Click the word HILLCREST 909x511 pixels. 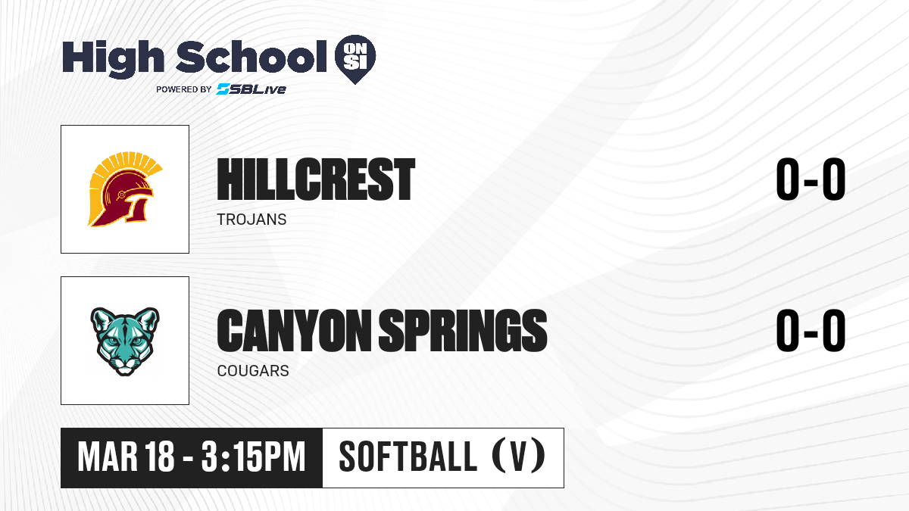coord(316,179)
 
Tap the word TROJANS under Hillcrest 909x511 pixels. coord(251,220)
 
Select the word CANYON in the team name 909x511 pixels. coord(294,330)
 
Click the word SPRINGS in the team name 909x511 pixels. coord(463,330)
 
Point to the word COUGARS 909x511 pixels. coord(253,371)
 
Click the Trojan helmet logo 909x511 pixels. coord(125,189)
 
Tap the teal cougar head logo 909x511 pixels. coord(125,341)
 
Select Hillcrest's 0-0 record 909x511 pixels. coord(811,179)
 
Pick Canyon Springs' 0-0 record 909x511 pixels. coord(811,330)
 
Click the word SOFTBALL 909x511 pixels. coord(408,457)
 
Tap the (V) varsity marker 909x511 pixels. coord(519,456)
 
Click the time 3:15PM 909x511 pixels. coord(253,457)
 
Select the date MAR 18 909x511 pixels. coord(126,457)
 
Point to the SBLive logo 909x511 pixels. coord(251,89)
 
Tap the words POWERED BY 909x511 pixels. coord(183,89)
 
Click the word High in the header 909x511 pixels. coord(113,58)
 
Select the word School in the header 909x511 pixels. coord(251,57)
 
